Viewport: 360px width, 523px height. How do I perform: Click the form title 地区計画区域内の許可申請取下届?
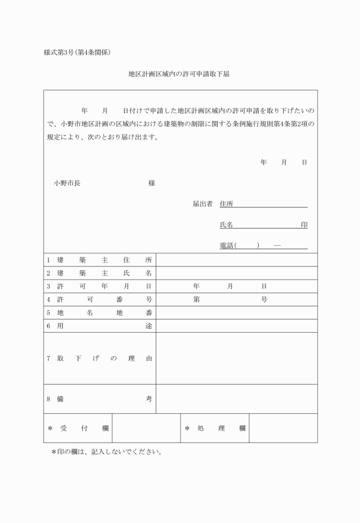pyautogui.click(x=179, y=74)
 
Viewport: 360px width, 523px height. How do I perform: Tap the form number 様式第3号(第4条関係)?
pyautogui.click(x=77, y=53)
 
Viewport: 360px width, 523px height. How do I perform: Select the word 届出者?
pyautogui.click(x=202, y=204)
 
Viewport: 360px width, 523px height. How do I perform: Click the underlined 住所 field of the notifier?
pyautogui.click(x=263, y=204)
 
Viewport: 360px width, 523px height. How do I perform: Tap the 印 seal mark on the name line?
pyautogui.click(x=304, y=225)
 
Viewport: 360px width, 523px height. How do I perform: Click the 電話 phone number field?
pyautogui.click(x=263, y=246)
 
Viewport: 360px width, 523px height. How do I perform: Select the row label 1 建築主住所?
pyautogui.click(x=99, y=260)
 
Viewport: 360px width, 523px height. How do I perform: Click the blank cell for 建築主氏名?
pyautogui.click(x=237, y=273)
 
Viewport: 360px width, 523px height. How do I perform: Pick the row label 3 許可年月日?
pyautogui.click(x=99, y=286)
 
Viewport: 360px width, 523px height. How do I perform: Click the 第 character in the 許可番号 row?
pyautogui.click(x=196, y=300)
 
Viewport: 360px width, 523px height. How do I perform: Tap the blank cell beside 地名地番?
pyautogui.click(x=237, y=313)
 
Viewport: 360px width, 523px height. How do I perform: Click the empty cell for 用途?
pyautogui.click(x=237, y=326)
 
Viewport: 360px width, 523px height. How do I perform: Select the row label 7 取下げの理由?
pyautogui.click(x=99, y=358)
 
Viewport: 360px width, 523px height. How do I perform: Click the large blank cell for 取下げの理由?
pyautogui.click(x=237, y=358)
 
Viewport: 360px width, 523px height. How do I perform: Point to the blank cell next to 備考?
pyautogui.click(x=237, y=399)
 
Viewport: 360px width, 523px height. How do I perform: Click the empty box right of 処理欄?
pyautogui.click(x=283, y=428)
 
